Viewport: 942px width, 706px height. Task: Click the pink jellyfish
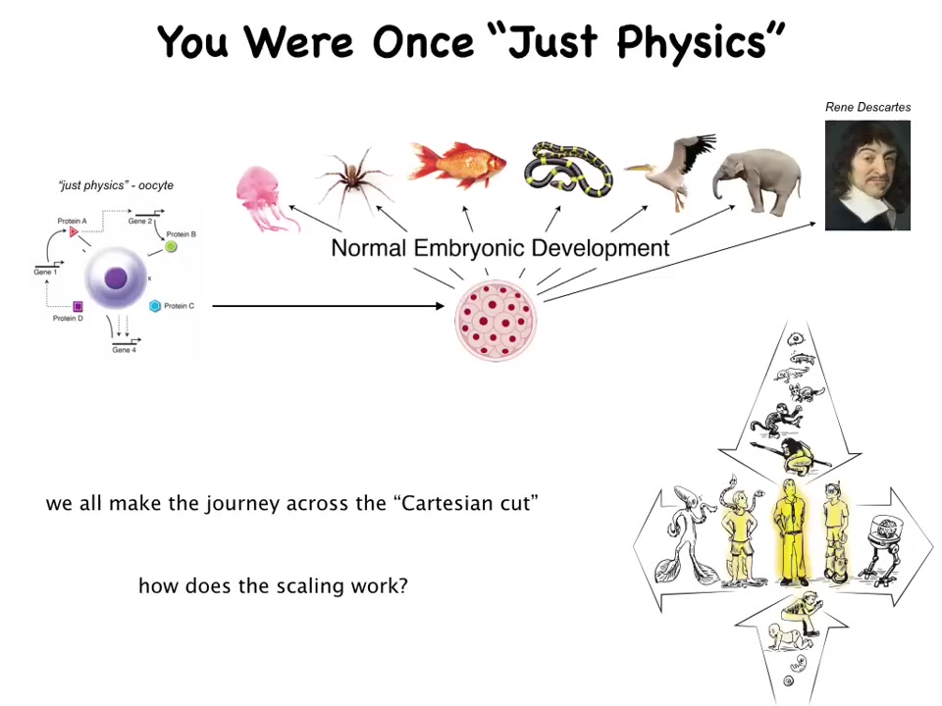(263, 198)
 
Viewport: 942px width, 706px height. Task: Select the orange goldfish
(456, 164)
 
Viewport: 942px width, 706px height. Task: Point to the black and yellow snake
(568, 170)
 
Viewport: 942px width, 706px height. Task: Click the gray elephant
(758, 181)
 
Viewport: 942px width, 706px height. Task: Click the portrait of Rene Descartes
(867, 176)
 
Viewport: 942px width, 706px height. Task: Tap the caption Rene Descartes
(867, 107)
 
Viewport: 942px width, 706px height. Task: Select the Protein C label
(179, 306)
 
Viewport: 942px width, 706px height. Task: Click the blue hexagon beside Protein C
(155, 306)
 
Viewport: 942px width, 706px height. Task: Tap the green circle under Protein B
(171, 246)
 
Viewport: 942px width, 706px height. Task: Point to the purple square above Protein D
(78, 306)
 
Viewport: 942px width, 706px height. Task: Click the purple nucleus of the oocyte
(116, 278)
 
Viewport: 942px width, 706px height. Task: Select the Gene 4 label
(125, 349)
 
